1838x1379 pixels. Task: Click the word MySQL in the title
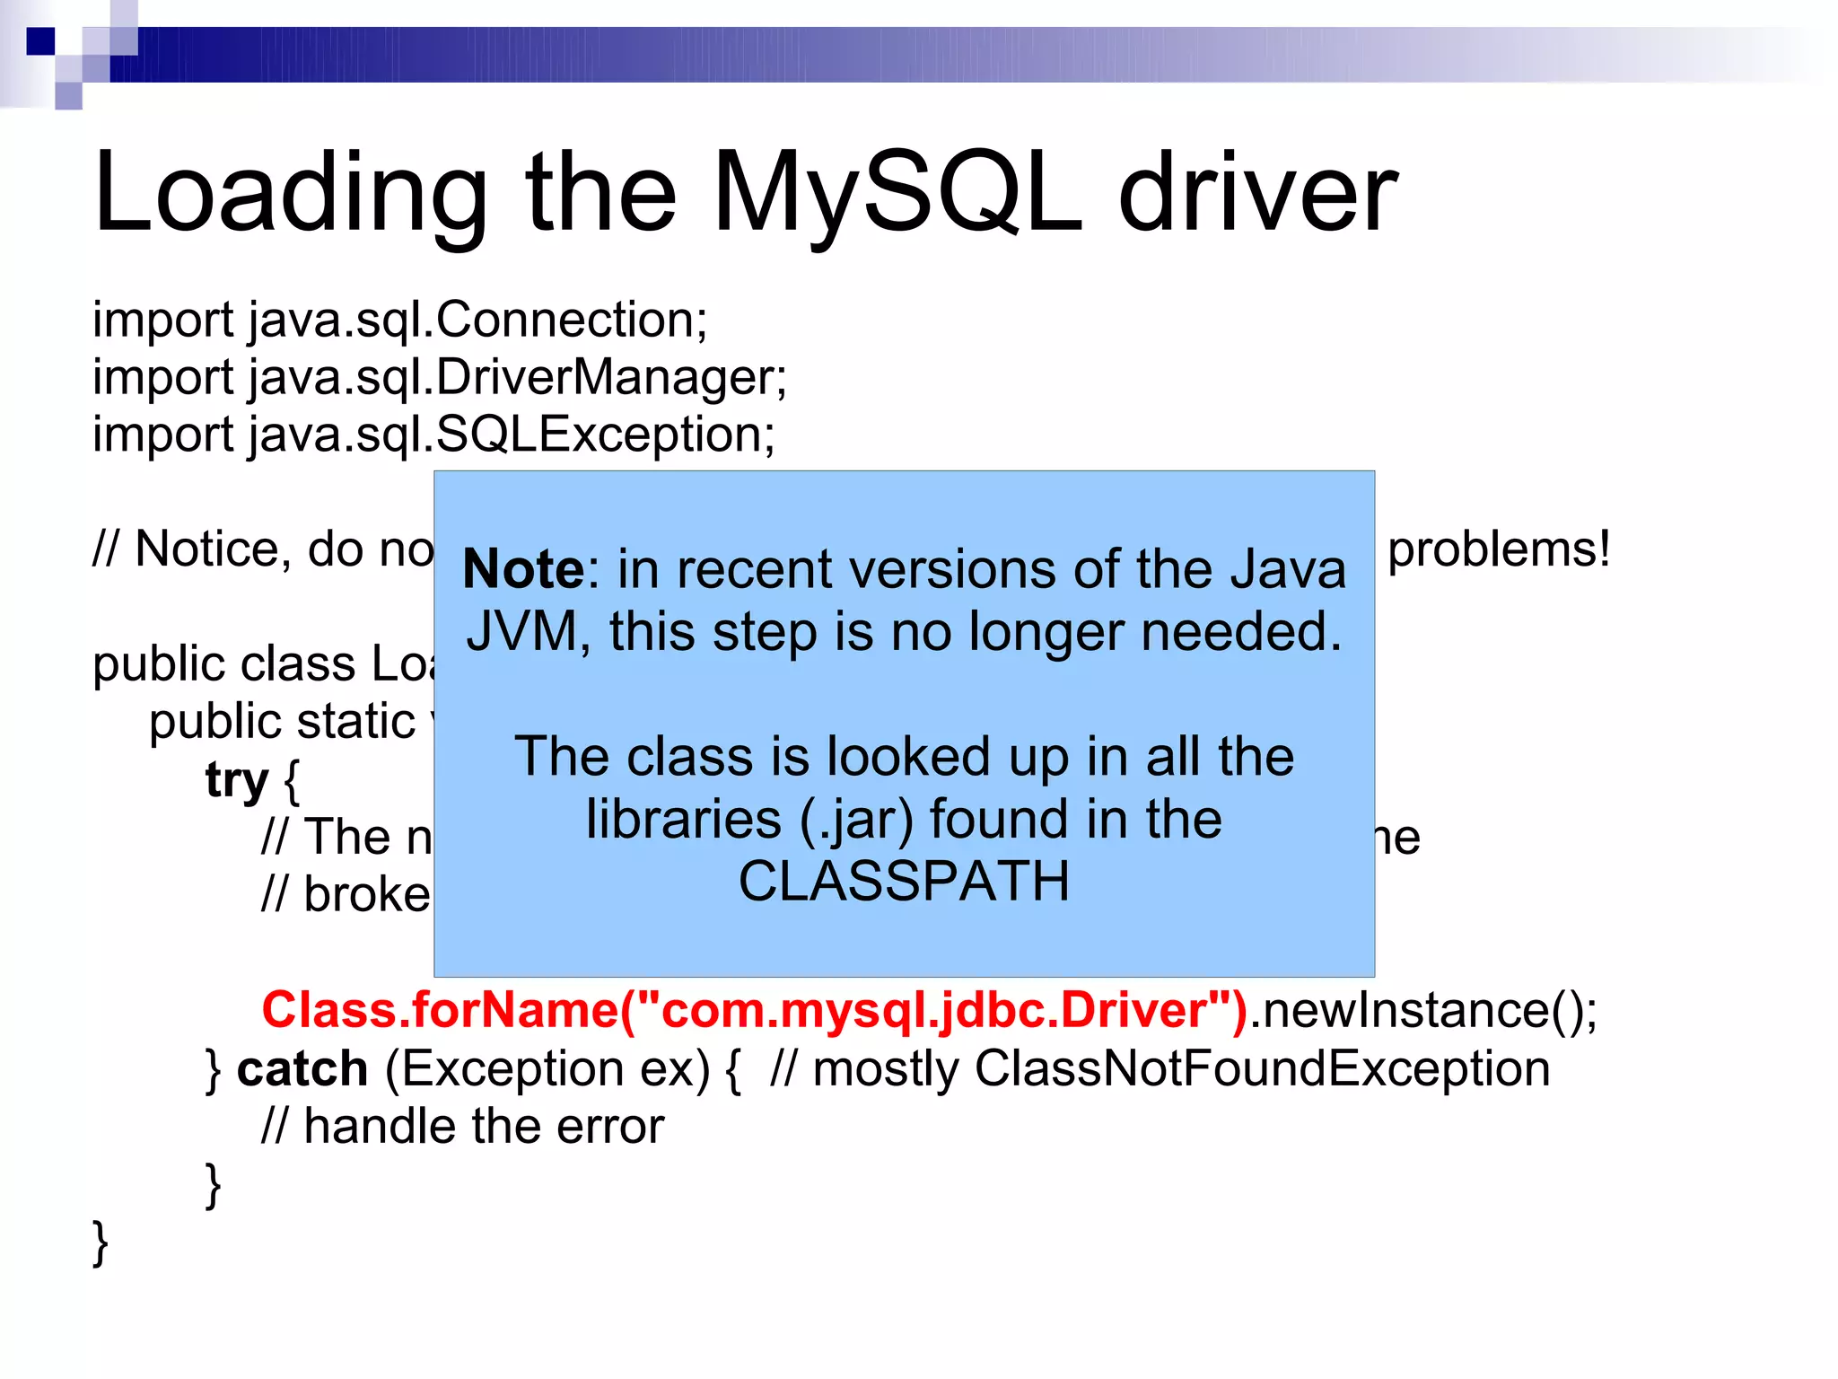pyautogui.click(x=897, y=193)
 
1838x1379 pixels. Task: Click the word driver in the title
pyautogui.click(x=1256, y=193)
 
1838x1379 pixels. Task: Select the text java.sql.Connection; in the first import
pyautogui.click(x=478, y=321)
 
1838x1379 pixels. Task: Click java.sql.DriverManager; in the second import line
pyautogui.click(x=518, y=378)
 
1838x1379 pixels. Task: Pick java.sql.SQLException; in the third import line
pyautogui.click(x=512, y=435)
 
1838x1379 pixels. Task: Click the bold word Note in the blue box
pyautogui.click(x=523, y=570)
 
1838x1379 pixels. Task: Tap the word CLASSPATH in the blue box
pyautogui.click(x=904, y=882)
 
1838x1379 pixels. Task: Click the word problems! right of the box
pyautogui.click(x=1499, y=549)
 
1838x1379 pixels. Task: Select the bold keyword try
pyautogui.click(x=237, y=779)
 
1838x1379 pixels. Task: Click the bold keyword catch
pyautogui.click(x=302, y=1069)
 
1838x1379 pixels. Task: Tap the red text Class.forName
pyautogui.click(x=440, y=1011)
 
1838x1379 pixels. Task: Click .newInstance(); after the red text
pyautogui.click(x=1423, y=1011)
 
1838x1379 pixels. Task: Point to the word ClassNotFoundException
pyautogui.click(x=1262, y=1069)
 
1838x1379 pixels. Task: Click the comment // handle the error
pyautogui.click(x=462, y=1127)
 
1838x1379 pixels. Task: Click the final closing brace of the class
pyautogui.click(x=101, y=1243)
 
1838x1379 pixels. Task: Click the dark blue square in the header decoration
pyautogui.click(x=40, y=41)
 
